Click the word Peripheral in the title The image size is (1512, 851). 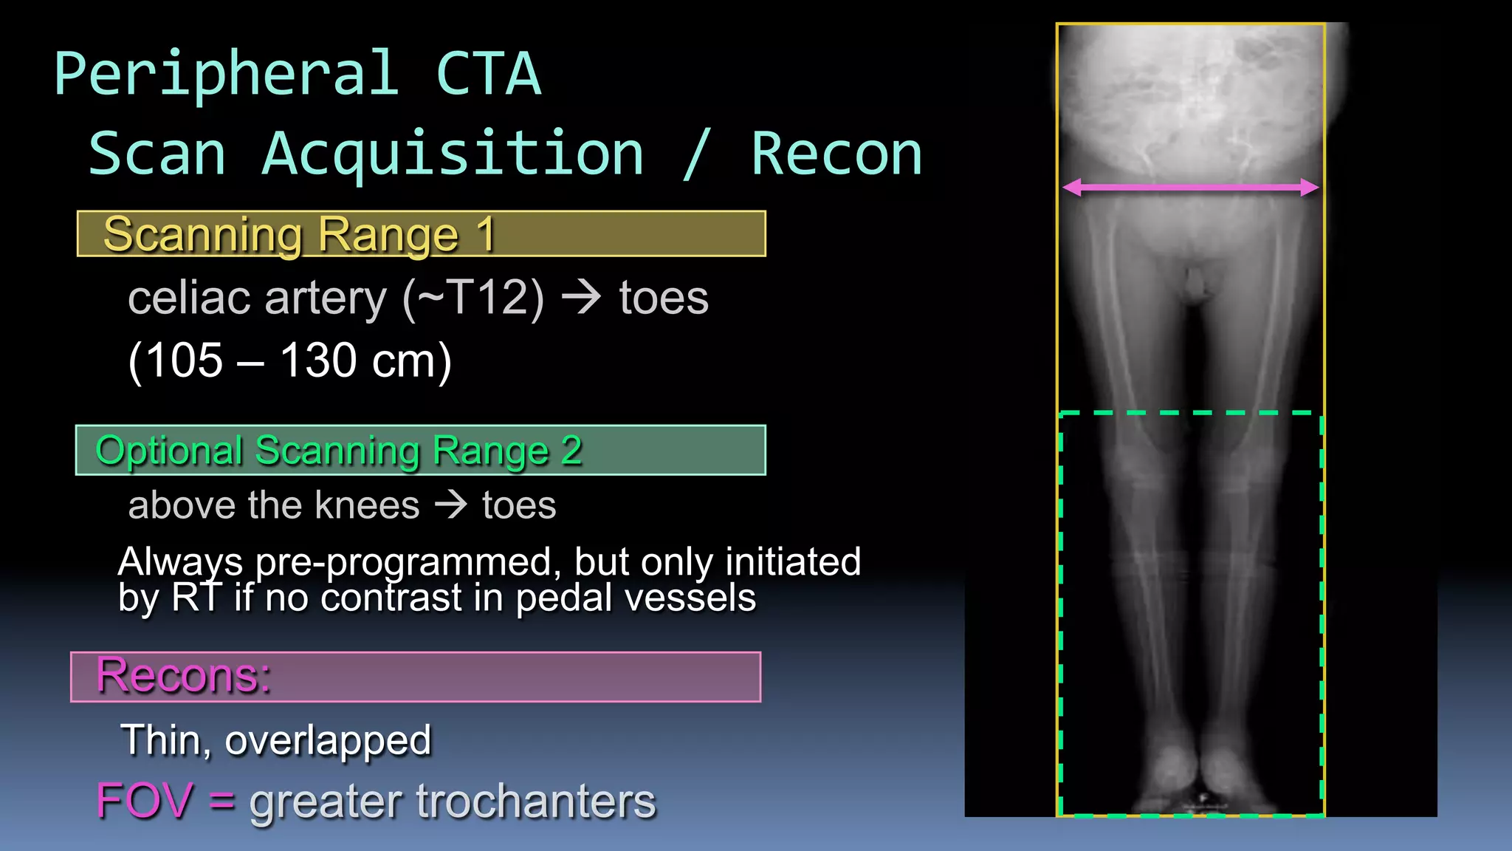(x=226, y=75)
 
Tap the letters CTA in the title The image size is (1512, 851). (x=489, y=75)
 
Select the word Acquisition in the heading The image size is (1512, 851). (x=453, y=154)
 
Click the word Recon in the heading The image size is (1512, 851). (x=836, y=154)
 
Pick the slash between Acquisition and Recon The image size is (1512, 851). (x=698, y=154)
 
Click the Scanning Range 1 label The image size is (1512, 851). (x=298, y=234)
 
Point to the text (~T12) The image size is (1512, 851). (x=473, y=298)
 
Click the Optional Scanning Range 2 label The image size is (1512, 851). (x=339, y=451)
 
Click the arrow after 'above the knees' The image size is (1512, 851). (x=450, y=505)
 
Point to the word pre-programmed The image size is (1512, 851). (x=404, y=562)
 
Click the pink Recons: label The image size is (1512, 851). (x=184, y=675)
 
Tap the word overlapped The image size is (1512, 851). (x=328, y=740)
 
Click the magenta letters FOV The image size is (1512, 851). (x=144, y=801)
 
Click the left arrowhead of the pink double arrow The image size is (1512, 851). (x=1072, y=188)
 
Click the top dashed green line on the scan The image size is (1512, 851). (x=1190, y=413)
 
